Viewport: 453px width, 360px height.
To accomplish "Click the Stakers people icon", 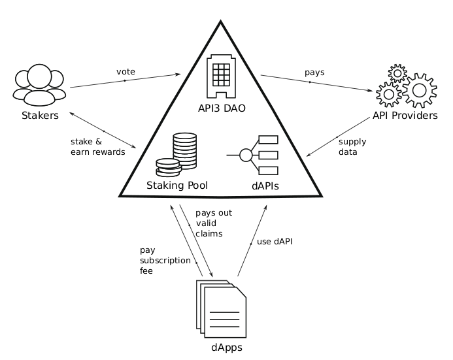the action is tap(39, 85).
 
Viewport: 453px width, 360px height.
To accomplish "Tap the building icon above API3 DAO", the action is tap(222, 76).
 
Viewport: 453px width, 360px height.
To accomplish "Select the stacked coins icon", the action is tap(176, 155).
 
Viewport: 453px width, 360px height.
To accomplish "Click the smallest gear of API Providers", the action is tap(397, 73).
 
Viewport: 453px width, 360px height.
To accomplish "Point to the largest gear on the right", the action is tap(420, 90).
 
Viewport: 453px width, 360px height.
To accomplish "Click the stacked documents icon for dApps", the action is tap(222, 308).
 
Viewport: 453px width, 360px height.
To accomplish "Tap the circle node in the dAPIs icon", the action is tap(246, 155).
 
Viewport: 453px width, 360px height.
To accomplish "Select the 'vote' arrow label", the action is tap(126, 72).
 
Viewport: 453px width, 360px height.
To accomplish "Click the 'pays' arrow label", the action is tap(314, 73).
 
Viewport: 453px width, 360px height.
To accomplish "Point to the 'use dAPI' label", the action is tap(275, 241).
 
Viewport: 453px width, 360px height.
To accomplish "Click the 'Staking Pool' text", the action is tap(177, 186).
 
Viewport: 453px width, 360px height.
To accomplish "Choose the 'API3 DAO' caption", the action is tap(222, 108).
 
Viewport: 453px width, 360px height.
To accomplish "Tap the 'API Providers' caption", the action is tap(405, 116).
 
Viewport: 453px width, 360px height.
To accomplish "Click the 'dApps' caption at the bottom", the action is tap(227, 348).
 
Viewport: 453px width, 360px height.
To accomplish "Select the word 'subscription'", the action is tap(165, 261).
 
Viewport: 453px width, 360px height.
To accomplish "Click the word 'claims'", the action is tap(209, 233).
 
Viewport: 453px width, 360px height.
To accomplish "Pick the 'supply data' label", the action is tap(352, 146).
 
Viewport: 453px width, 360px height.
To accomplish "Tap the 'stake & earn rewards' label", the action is tap(98, 146).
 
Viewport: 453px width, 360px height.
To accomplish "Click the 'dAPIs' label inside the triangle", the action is tap(265, 186).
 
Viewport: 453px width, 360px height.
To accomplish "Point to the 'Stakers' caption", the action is tap(40, 116).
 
